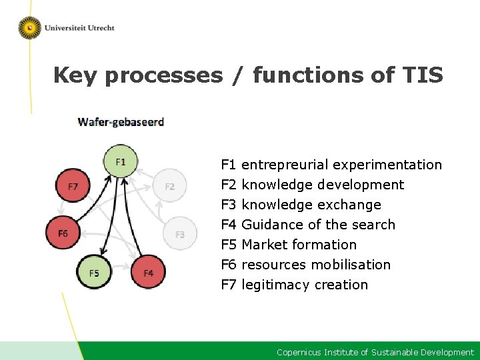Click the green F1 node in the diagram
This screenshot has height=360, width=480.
click(x=120, y=162)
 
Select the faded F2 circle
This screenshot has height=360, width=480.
click(x=169, y=187)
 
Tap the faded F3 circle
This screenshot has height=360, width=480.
click(x=179, y=234)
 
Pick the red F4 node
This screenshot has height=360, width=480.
click(x=148, y=273)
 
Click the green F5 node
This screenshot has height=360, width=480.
click(x=94, y=273)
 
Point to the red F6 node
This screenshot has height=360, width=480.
click(x=63, y=233)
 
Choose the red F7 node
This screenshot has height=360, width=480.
click(x=73, y=187)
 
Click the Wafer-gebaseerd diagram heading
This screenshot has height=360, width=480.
click(x=121, y=122)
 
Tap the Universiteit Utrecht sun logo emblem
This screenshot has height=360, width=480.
click(x=29, y=28)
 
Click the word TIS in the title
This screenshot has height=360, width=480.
click(x=422, y=75)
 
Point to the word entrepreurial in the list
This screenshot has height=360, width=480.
click(x=285, y=165)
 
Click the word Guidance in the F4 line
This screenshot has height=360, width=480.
click(x=271, y=225)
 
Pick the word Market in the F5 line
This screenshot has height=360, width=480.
click(x=264, y=245)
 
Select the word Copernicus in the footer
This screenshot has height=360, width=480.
click(x=299, y=352)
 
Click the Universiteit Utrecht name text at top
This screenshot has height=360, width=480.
click(x=79, y=28)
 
